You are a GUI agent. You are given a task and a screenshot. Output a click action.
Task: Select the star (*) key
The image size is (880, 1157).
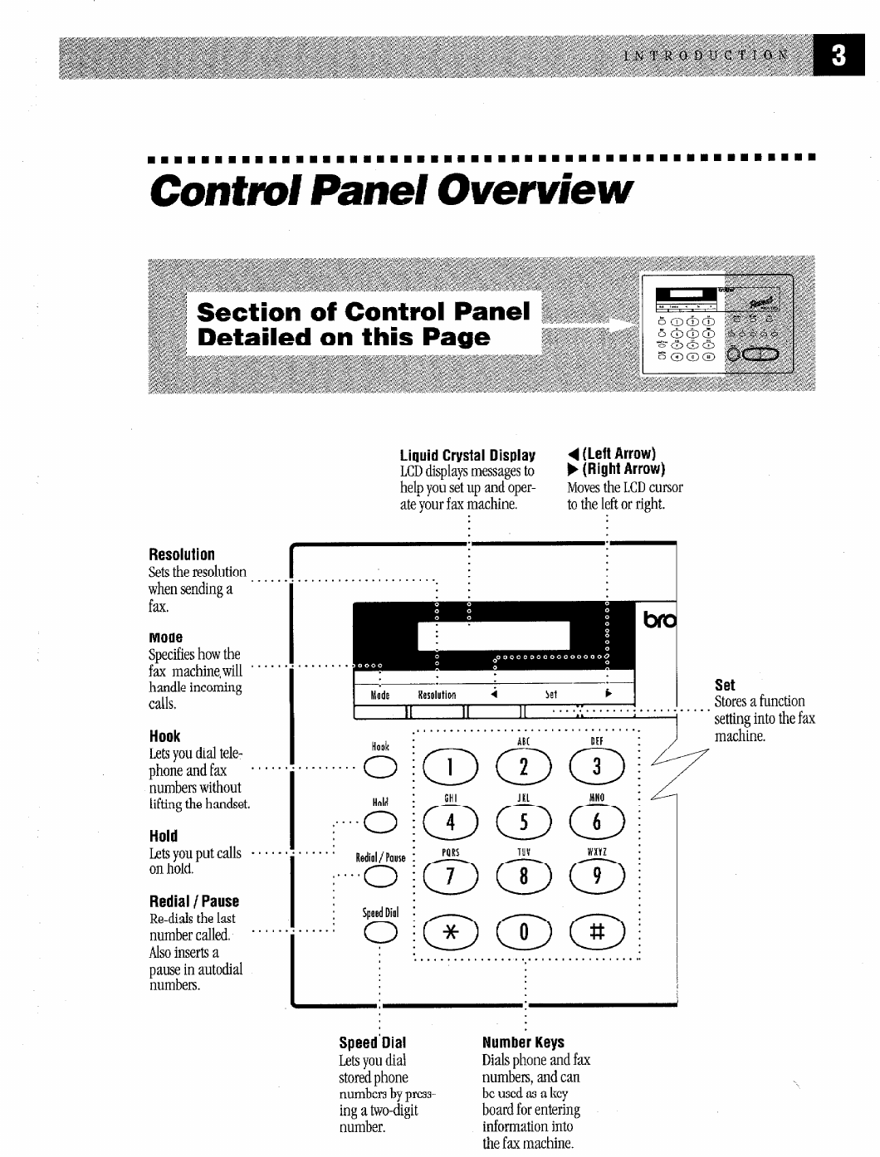448,931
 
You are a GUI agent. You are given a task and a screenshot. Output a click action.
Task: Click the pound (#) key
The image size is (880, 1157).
596,931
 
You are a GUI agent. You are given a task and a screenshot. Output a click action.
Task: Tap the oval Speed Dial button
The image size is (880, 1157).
380,931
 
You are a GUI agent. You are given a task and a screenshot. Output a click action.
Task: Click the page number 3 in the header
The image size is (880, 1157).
838,56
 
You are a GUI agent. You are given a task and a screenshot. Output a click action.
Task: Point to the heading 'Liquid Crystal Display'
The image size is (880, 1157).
467,456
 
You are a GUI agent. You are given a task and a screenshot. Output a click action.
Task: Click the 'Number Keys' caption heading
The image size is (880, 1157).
523,1042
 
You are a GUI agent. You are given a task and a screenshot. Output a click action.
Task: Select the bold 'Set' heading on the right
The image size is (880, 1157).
725,685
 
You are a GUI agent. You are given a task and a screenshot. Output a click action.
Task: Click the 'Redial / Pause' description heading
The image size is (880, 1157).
193,901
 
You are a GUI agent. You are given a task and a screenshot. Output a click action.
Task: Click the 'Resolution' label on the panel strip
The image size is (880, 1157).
437,695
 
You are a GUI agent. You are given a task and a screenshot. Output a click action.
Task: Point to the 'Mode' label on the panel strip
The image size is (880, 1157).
380,695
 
